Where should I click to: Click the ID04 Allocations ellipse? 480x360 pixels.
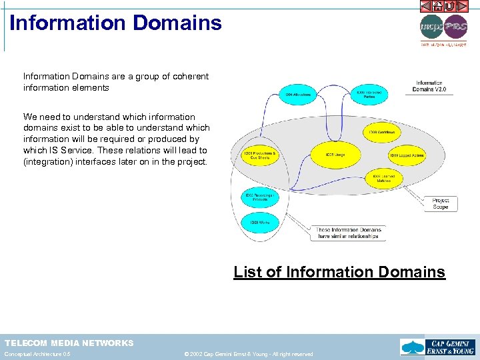coord(298,95)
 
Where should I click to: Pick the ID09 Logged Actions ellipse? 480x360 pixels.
coord(406,155)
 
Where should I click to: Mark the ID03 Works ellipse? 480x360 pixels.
coord(259,222)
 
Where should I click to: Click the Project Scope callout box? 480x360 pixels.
coord(440,203)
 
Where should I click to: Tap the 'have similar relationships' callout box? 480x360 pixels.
coord(347,233)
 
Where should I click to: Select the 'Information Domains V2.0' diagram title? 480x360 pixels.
coord(429,86)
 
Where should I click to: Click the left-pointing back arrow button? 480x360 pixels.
coord(426,6)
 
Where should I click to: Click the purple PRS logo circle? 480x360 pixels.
coord(456,27)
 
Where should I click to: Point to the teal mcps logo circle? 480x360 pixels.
coord(431,27)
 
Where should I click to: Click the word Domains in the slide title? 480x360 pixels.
coord(177,23)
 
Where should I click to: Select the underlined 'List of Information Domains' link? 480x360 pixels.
coord(339,272)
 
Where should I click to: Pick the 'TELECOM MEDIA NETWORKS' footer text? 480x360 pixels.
coord(69,343)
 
